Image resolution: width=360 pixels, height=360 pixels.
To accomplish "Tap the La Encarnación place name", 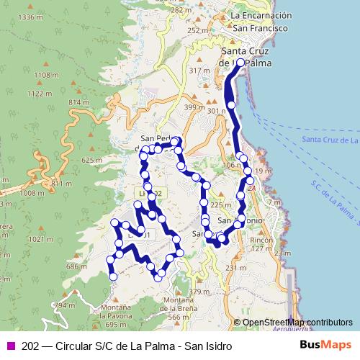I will (x=261, y=15).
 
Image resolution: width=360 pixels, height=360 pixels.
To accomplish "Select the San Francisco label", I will (x=261, y=27).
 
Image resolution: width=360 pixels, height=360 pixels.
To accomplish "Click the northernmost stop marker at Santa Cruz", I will (x=240, y=63).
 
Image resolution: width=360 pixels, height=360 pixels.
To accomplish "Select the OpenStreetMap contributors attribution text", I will (x=297, y=323).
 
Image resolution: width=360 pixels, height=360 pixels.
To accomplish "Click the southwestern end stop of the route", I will (x=112, y=276).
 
